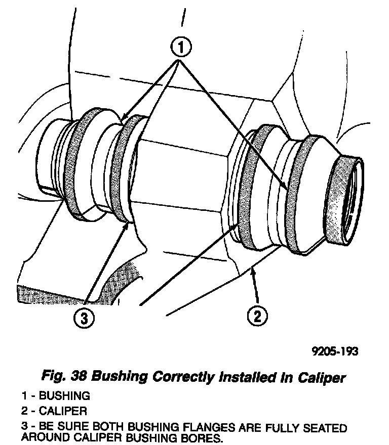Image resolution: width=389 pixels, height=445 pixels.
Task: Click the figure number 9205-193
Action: [x=335, y=351]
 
